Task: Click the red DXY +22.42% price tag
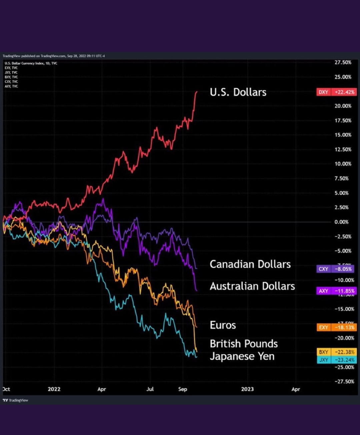pyautogui.click(x=336, y=92)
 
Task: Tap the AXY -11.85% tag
pyautogui.click(x=336, y=291)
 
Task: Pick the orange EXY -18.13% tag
pyautogui.click(x=336, y=327)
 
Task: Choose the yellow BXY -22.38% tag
pyautogui.click(x=336, y=352)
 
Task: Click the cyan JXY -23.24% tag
pyautogui.click(x=336, y=360)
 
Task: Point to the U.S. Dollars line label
pyautogui.click(x=238, y=92)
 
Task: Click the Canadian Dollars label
pyautogui.click(x=250, y=264)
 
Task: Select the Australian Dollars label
pyautogui.click(x=252, y=286)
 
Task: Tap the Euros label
pyautogui.click(x=223, y=325)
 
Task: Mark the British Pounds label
pyautogui.click(x=244, y=343)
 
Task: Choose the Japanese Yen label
pyautogui.click(x=242, y=356)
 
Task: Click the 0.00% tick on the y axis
pyautogui.click(x=341, y=222)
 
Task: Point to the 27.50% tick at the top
pyautogui.click(x=343, y=62)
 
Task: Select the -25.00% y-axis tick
pyautogui.click(x=344, y=367)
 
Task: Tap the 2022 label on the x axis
pyautogui.click(x=54, y=389)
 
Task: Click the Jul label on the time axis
pyautogui.click(x=150, y=389)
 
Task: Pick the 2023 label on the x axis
pyautogui.click(x=247, y=389)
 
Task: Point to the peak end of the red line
pyautogui.click(x=197, y=92)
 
